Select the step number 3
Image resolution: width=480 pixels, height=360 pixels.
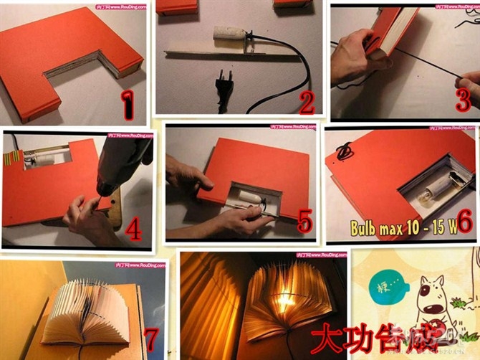[463, 99]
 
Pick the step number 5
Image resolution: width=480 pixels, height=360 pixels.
[305, 222]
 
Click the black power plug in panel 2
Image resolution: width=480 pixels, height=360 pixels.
[224, 89]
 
